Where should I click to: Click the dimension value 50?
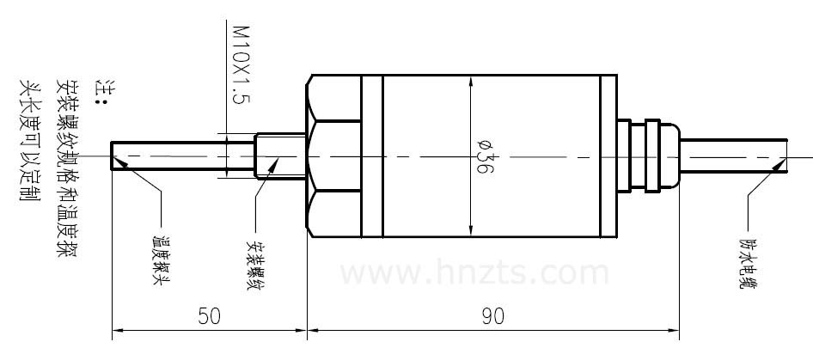click(209, 316)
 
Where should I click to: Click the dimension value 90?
click(492, 316)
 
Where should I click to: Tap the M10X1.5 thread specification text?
click(240, 64)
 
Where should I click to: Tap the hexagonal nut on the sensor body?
click(333, 156)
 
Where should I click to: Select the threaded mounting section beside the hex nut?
click(282, 156)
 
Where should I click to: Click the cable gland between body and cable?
click(653, 156)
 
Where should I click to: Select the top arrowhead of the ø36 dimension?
click(471, 83)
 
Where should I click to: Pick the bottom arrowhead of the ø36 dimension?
click(471, 229)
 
